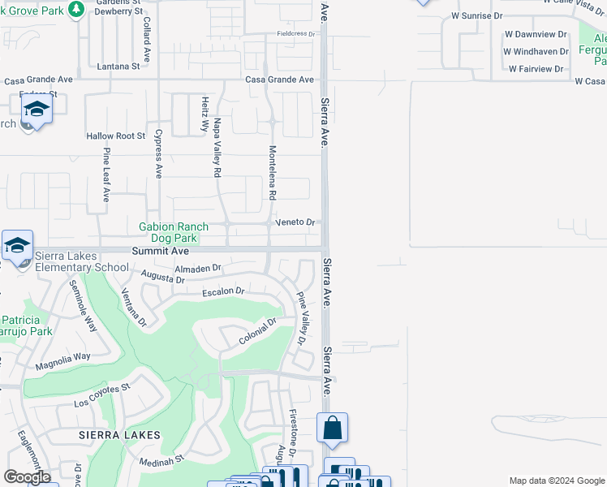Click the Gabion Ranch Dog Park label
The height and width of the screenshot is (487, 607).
174,233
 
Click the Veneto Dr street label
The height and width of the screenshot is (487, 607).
294,222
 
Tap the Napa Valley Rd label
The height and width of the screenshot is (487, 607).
217,148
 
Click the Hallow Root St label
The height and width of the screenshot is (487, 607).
116,136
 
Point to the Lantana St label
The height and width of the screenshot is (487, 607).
118,67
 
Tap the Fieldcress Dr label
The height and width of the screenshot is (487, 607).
295,34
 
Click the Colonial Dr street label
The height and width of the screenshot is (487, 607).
258,332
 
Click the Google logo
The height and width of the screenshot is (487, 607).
27,477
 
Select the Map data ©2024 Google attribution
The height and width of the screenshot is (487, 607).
556,481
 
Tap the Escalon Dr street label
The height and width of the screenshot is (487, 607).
223,291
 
